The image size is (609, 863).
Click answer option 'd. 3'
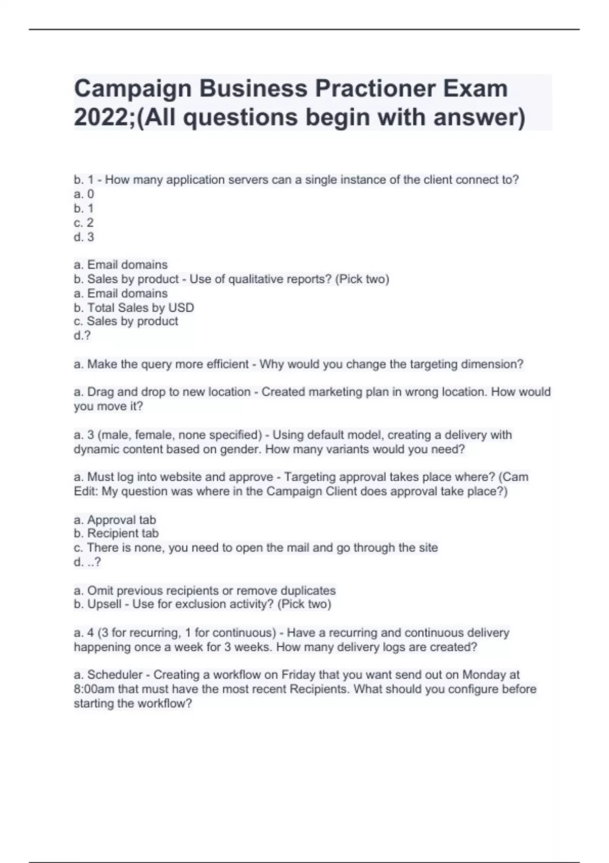click(x=84, y=237)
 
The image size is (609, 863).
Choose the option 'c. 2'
click(x=84, y=223)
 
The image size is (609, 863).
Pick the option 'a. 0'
click(x=84, y=194)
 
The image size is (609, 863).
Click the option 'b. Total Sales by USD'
click(x=134, y=308)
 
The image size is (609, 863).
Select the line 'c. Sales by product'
click(x=126, y=321)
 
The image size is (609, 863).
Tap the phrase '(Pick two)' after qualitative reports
click(x=362, y=279)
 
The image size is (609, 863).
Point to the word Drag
click(x=100, y=392)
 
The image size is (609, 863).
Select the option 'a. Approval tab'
click(x=115, y=520)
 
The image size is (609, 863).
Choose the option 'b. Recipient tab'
click(x=116, y=534)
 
